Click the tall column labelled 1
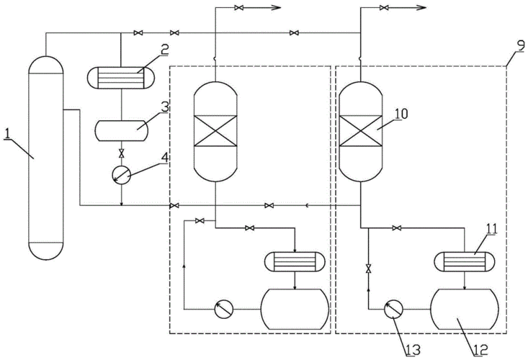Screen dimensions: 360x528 tap(46, 158)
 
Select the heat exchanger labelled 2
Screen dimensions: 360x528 tap(120, 76)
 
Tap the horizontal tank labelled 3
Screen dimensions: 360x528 tap(121, 131)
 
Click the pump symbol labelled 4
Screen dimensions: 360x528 tap(121, 175)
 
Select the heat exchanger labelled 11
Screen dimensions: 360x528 tap(465, 261)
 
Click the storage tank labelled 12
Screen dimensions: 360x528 tap(465, 308)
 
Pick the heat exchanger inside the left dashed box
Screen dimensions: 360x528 tap(296, 261)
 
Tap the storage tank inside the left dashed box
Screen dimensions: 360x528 tap(296, 308)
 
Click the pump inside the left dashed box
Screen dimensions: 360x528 tap(225, 309)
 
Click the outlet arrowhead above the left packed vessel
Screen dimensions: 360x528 tap(276, 8)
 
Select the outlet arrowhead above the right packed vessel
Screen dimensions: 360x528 tap(420, 8)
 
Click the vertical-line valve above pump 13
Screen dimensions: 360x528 tap(369, 269)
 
